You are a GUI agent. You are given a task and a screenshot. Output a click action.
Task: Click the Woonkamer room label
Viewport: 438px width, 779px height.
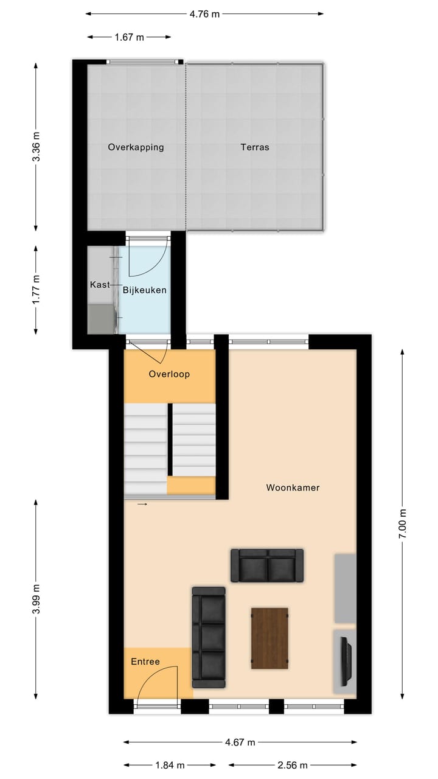pyautogui.click(x=293, y=487)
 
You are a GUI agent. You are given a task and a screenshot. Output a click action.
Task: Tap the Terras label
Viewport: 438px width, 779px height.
pyautogui.click(x=254, y=147)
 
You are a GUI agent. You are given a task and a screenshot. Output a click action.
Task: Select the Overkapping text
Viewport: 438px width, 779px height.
pyautogui.click(x=136, y=147)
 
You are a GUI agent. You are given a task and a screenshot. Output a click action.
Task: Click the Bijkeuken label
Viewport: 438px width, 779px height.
pyautogui.click(x=145, y=290)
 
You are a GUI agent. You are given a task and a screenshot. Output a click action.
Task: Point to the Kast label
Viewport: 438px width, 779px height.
pyautogui.click(x=99, y=284)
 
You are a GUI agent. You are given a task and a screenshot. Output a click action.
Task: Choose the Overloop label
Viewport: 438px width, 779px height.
pyautogui.click(x=169, y=374)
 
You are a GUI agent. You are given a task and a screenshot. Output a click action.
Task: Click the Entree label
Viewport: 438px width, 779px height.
pyautogui.click(x=145, y=662)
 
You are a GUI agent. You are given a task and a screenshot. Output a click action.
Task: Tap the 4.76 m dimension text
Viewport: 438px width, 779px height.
pyautogui.click(x=204, y=14)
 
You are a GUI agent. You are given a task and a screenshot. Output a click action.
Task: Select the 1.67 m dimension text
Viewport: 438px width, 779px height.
pyautogui.click(x=129, y=37)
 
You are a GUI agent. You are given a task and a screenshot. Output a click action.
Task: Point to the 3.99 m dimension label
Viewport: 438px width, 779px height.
pyautogui.click(x=36, y=599)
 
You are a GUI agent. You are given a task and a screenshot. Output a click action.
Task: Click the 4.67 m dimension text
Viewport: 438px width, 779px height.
pyautogui.click(x=240, y=742)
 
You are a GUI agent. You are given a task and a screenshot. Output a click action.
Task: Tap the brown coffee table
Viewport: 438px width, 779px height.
pyautogui.click(x=269, y=638)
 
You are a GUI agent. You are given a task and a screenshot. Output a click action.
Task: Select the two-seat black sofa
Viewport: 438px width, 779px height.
pyautogui.click(x=267, y=565)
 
